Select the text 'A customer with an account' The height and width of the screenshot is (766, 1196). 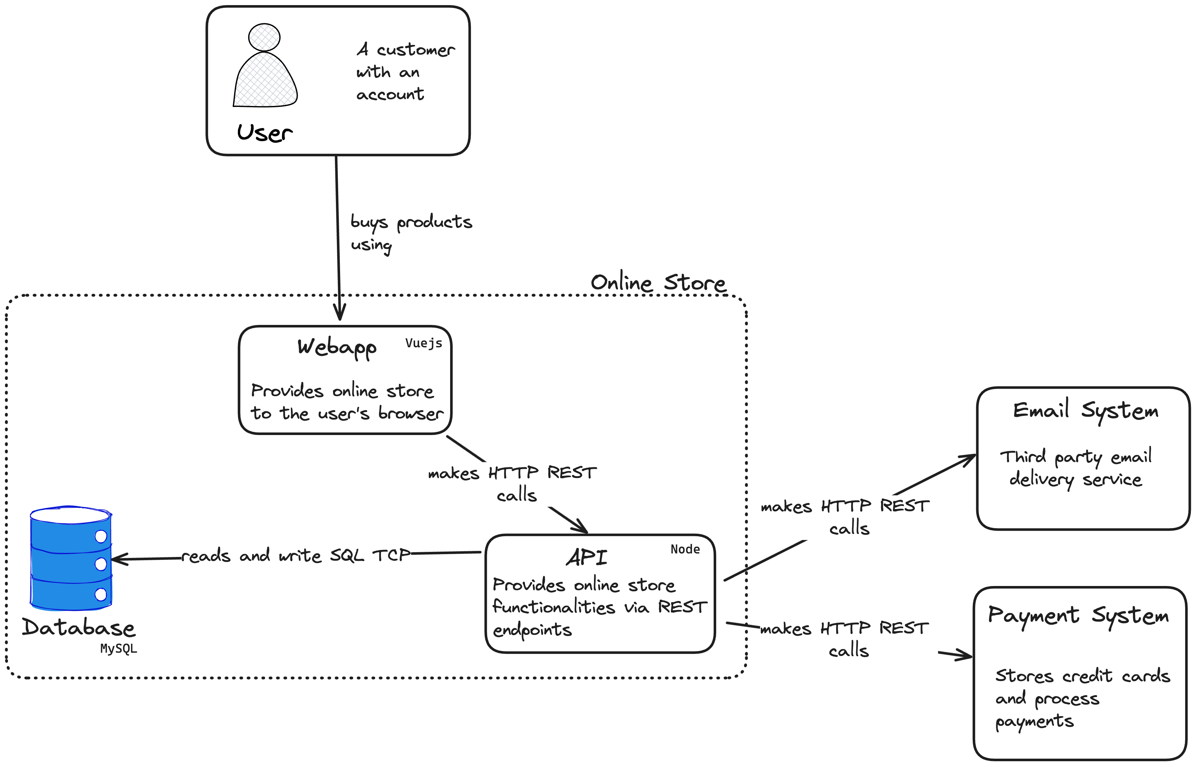[405, 71]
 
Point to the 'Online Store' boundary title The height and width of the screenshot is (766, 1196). [658, 282]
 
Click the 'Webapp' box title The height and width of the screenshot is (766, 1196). [337, 348]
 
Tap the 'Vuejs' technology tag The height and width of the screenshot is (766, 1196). [424, 343]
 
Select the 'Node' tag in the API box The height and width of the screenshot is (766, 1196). [685, 549]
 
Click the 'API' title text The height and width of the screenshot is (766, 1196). [587, 557]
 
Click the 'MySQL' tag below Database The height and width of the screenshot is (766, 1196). [118, 649]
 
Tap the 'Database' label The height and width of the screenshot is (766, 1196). [78, 628]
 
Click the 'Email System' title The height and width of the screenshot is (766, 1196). [1086, 411]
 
